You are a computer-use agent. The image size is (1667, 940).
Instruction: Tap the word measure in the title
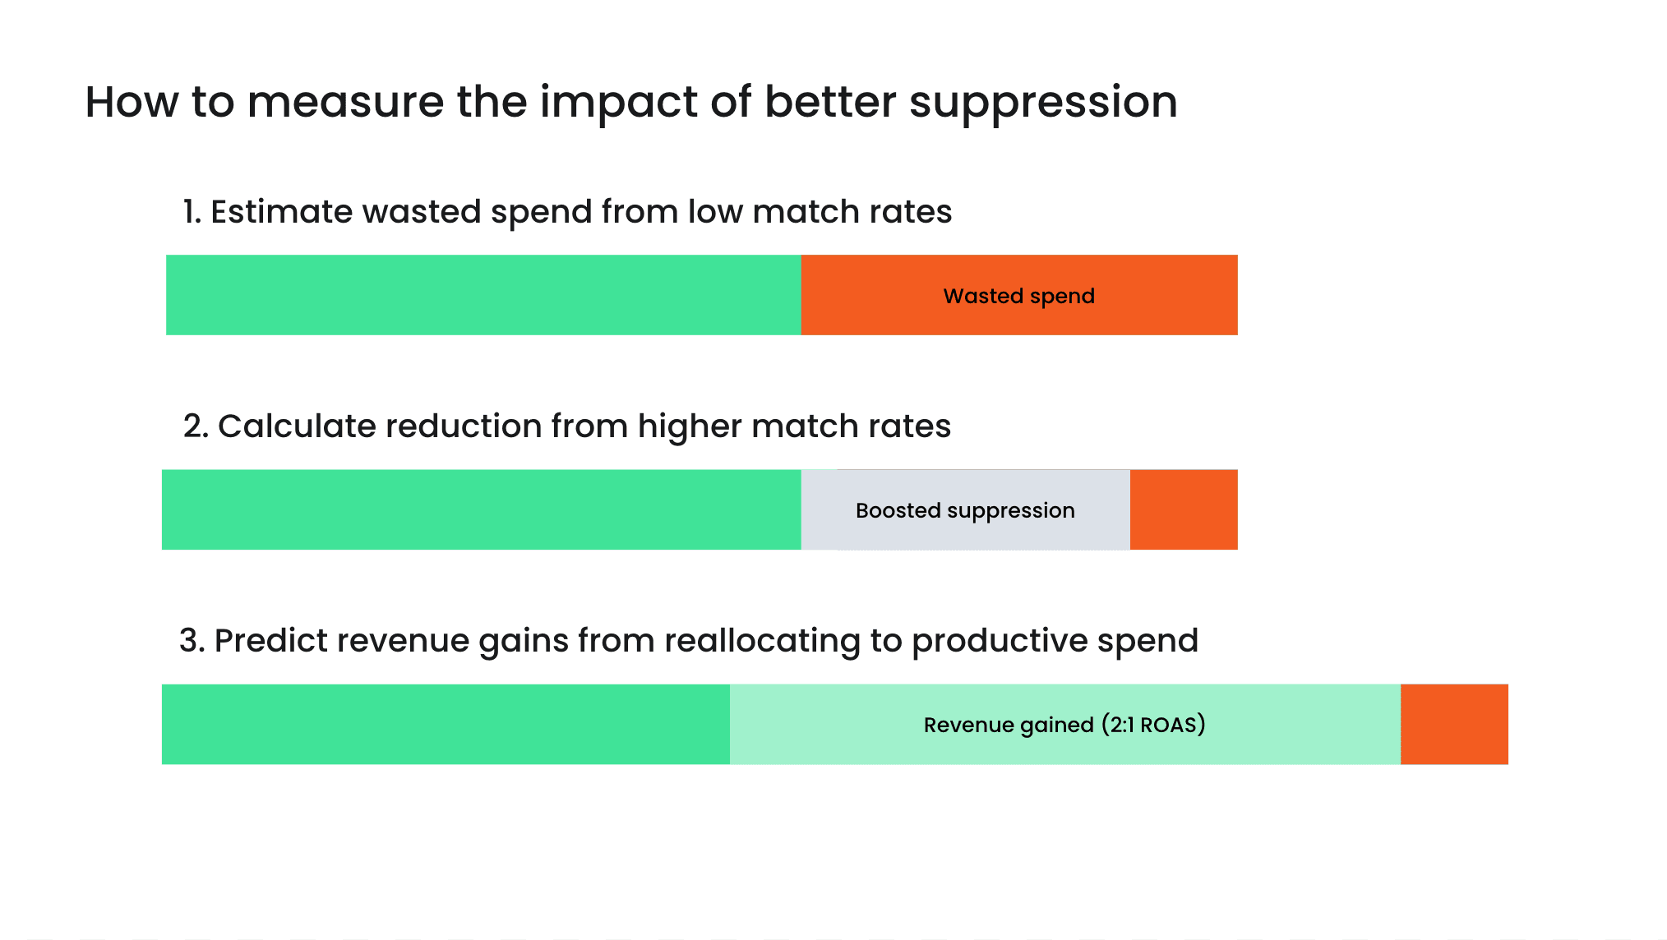(x=345, y=104)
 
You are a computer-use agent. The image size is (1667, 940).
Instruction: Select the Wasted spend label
(x=1018, y=296)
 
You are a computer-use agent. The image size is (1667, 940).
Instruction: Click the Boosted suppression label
(x=965, y=510)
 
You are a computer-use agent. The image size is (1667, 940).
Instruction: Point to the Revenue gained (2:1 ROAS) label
(x=1064, y=725)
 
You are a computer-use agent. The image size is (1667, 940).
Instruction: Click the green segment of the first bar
(x=483, y=295)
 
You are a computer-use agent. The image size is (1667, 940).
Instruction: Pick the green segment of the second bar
(x=481, y=509)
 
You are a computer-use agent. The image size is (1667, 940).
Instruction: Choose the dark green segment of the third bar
(x=446, y=724)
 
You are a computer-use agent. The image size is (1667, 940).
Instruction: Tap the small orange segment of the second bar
(x=1184, y=509)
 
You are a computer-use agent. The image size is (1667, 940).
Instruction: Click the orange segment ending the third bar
(x=1454, y=724)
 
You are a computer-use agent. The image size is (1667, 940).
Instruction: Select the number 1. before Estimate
(x=191, y=212)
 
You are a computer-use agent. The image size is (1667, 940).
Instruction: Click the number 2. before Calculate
(x=196, y=426)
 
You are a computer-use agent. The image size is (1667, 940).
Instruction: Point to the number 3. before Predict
(x=192, y=641)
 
